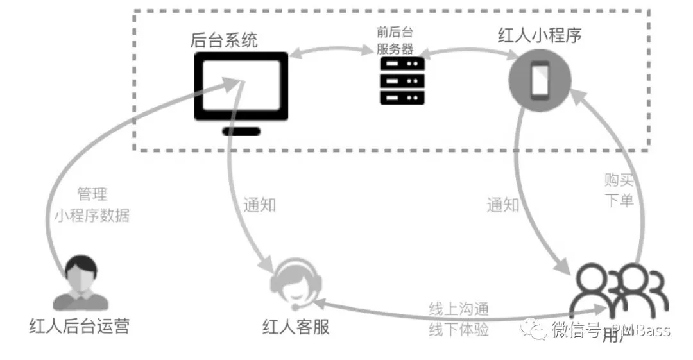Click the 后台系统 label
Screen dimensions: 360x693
224,41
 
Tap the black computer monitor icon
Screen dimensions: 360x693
241,87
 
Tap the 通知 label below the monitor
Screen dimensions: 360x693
259,205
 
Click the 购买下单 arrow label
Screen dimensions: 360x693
619,189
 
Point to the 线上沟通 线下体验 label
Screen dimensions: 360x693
459,320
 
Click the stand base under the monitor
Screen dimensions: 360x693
241,132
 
